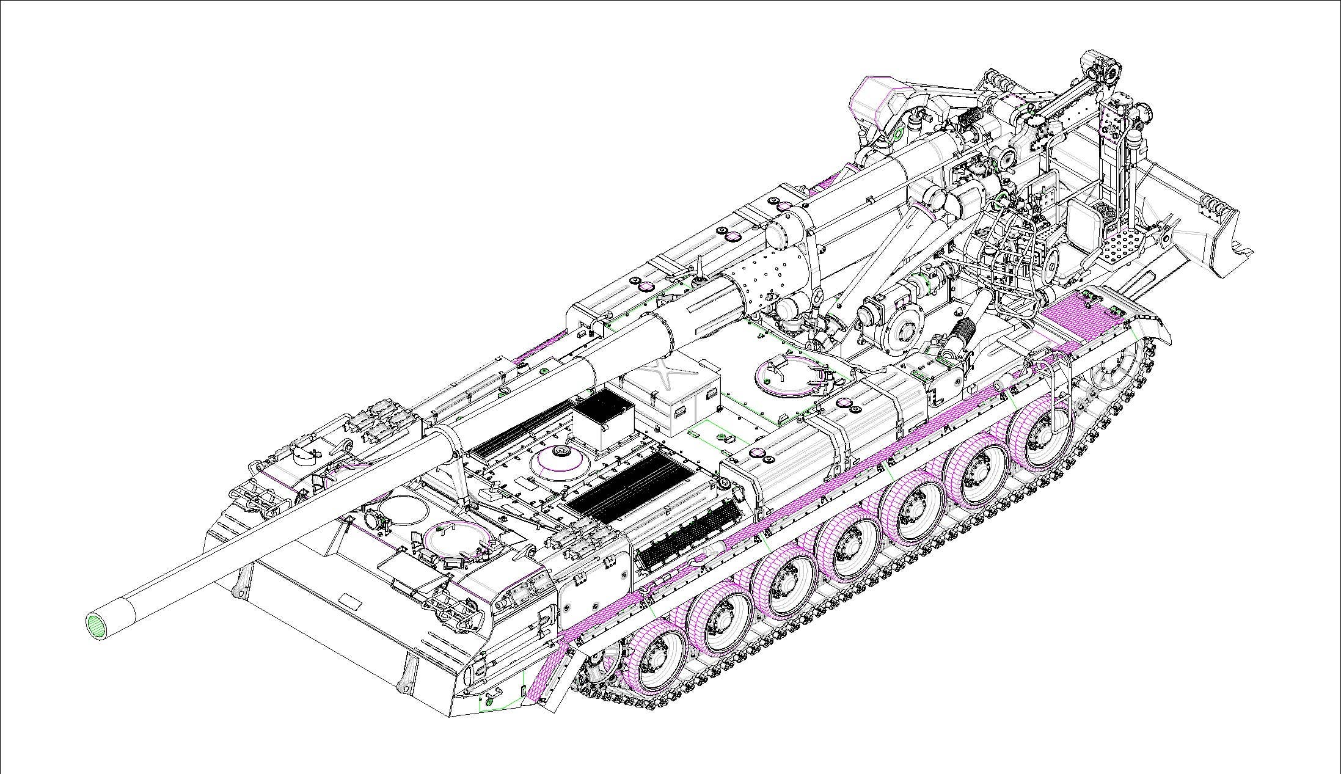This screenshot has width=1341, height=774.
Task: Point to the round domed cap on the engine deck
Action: point(557,455)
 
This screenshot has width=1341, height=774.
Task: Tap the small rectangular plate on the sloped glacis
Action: point(349,603)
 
